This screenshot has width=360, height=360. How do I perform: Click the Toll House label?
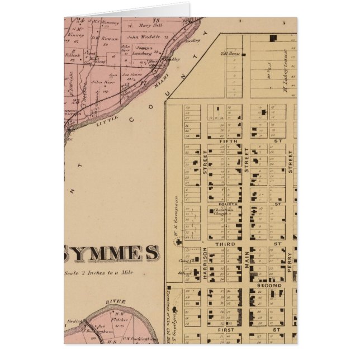[230, 54]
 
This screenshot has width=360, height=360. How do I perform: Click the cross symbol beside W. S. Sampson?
[178, 242]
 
